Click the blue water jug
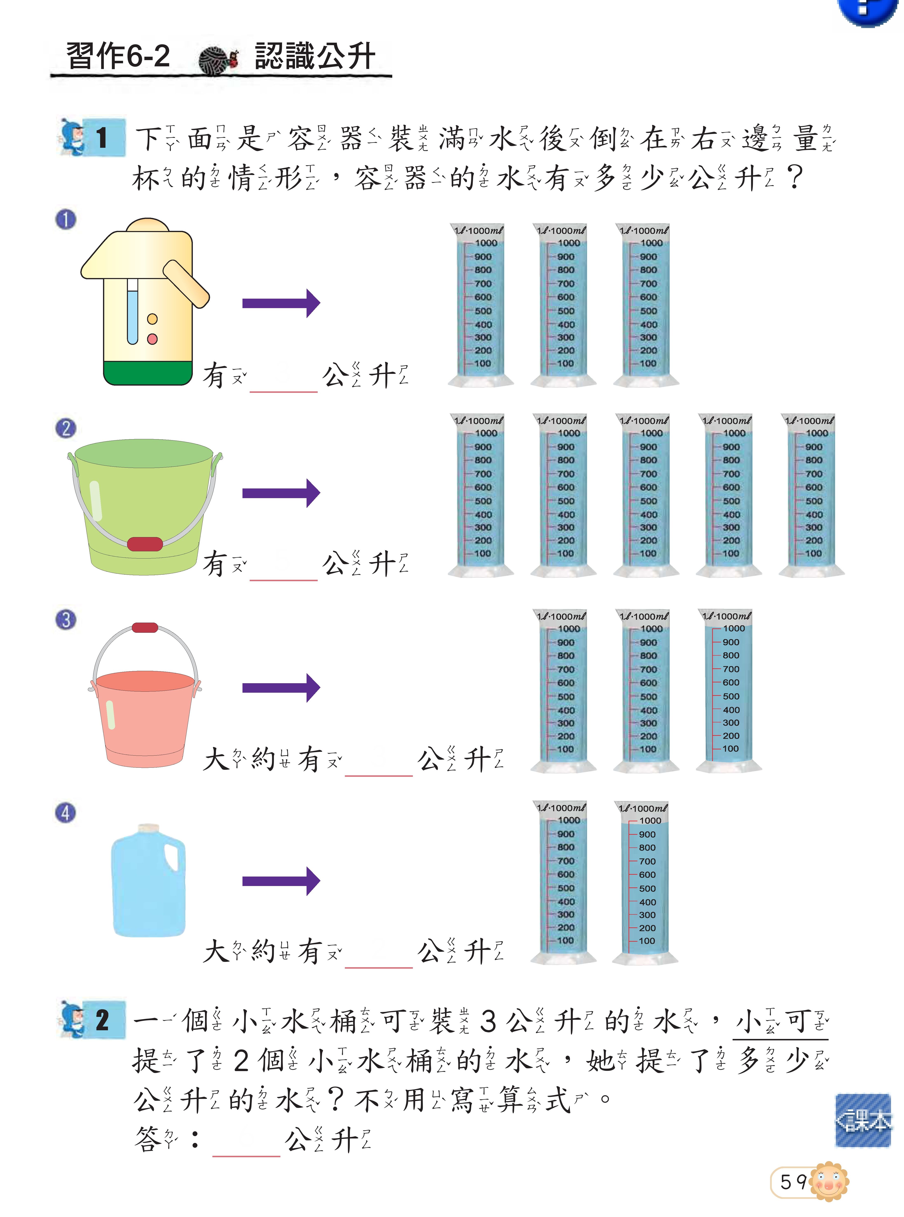click(x=148, y=881)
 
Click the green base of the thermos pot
click(x=148, y=372)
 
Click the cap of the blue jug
click(x=148, y=828)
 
